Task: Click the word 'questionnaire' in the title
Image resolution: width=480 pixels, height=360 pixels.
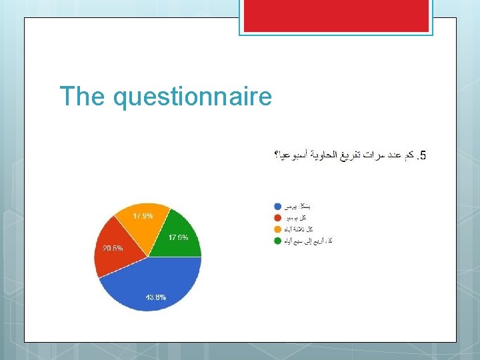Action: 193,99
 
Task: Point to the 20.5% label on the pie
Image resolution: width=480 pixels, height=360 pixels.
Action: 113,248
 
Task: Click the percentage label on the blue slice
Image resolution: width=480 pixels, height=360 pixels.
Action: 156,297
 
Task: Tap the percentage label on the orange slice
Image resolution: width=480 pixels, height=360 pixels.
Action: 142,216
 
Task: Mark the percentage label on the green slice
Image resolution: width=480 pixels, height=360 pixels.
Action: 179,237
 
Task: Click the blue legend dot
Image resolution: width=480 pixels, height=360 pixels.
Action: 277,206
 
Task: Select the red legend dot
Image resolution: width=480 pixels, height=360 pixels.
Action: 277,217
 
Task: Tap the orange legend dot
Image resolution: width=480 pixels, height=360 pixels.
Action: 277,229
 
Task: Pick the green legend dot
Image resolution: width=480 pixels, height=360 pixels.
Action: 277,241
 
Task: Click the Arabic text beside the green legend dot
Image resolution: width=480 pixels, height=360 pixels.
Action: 308,241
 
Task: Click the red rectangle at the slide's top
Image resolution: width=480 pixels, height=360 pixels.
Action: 336,15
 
